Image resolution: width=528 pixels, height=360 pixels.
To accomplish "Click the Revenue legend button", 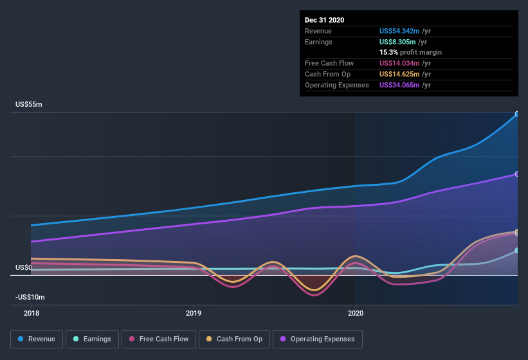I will point(37,339).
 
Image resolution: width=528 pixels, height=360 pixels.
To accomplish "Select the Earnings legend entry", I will point(93,339).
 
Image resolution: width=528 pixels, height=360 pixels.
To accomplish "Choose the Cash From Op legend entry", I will point(233,339).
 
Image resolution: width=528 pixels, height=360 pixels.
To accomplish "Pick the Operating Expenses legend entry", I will point(318,339).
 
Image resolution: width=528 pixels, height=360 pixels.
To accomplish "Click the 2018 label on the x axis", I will point(32,313).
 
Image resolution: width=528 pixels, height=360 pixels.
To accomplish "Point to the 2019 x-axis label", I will point(194,313).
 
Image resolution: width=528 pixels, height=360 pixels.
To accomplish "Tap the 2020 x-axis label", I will point(356,313).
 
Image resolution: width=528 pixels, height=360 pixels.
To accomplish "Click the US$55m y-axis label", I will point(29,104).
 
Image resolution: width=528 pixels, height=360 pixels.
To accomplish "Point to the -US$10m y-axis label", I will point(31,298).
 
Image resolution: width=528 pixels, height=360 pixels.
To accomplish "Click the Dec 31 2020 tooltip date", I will point(325,20).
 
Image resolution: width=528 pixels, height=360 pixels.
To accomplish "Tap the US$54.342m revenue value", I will point(399,30).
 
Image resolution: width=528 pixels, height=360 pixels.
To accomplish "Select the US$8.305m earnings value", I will point(397,41).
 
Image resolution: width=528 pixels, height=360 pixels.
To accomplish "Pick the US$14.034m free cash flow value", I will point(399,63).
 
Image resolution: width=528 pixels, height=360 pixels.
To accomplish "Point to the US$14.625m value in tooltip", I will point(399,74).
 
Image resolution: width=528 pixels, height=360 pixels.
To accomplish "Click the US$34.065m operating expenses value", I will point(399,85).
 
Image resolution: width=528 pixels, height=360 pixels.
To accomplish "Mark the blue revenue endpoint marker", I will point(517,114).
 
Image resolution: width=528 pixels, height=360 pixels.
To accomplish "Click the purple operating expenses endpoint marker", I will point(517,174).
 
